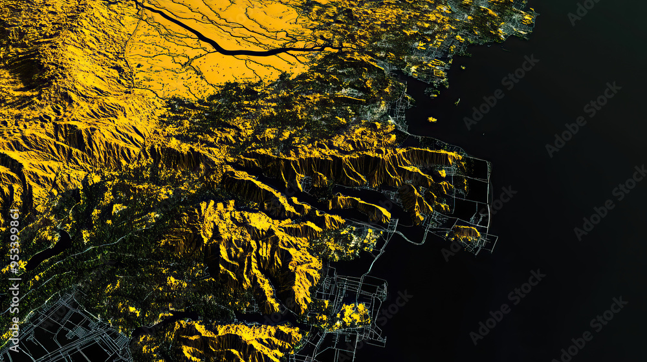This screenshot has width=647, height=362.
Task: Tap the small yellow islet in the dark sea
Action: [432, 119]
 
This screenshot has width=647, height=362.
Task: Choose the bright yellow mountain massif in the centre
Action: [259, 246]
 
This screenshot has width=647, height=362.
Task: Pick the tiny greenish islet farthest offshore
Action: [457, 101]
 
